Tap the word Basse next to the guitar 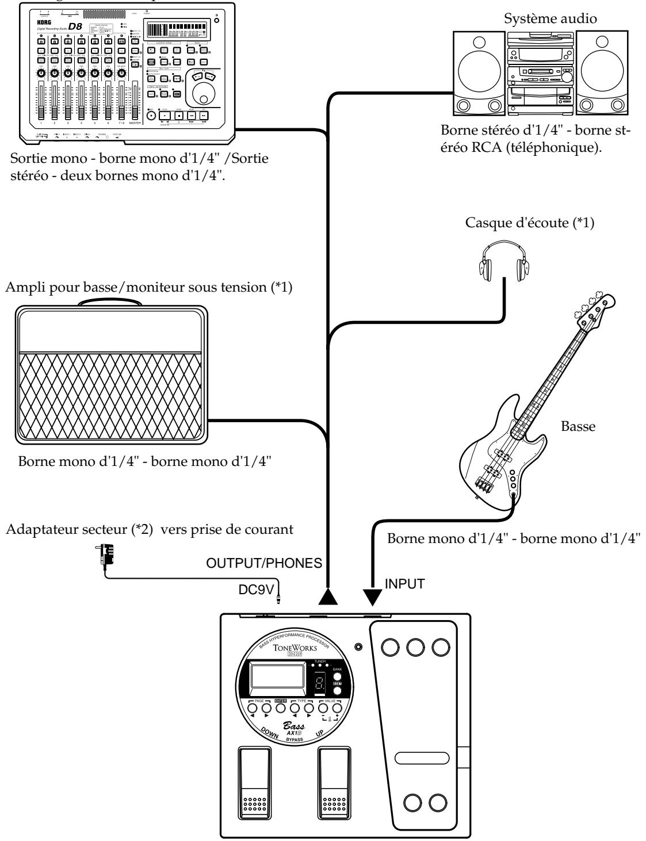pyautogui.click(x=572, y=427)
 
